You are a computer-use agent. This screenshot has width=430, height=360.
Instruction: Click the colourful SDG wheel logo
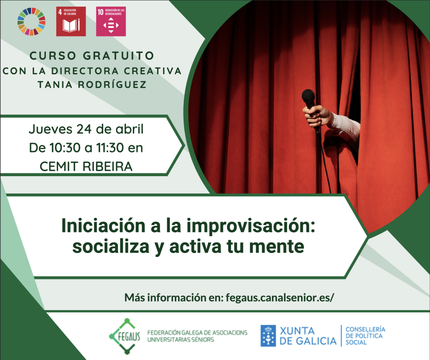(x=31, y=21)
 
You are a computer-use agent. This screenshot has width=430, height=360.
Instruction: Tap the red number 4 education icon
(x=71, y=21)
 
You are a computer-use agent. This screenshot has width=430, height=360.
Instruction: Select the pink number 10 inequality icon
(x=111, y=21)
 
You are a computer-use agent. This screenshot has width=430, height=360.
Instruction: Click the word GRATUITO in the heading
(x=119, y=56)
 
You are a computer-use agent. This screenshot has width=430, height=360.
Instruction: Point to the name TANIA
(x=55, y=85)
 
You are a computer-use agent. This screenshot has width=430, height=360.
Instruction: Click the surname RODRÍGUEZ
(x=112, y=84)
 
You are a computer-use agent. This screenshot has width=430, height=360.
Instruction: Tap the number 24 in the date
(x=84, y=129)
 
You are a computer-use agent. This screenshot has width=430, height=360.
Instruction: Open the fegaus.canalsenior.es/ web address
(x=279, y=298)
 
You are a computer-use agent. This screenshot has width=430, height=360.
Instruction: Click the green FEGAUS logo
(x=125, y=336)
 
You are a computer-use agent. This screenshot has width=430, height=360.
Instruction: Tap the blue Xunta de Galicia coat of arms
(x=268, y=336)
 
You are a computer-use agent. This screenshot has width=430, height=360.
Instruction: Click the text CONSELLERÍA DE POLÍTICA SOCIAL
(x=365, y=336)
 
